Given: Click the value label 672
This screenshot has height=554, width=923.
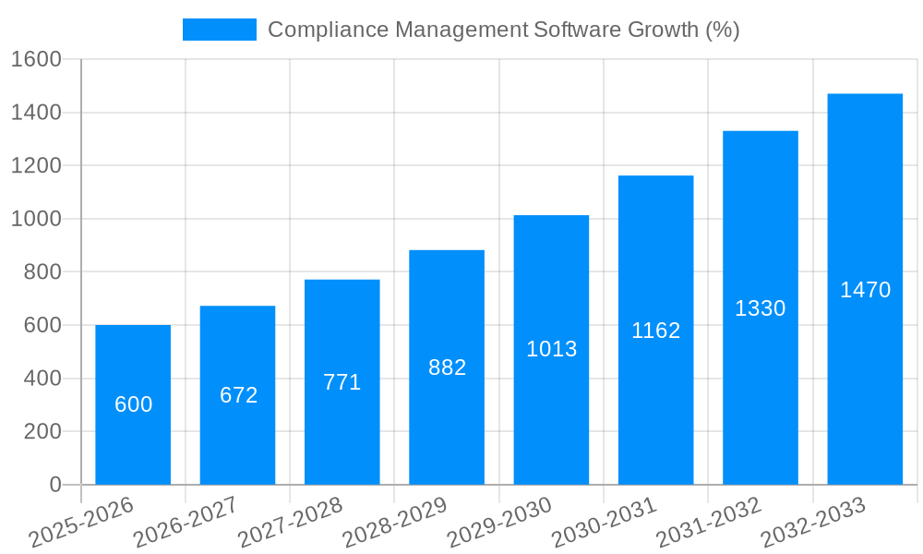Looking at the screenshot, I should click(238, 395).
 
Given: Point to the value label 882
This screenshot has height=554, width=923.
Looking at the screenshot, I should click(447, 367).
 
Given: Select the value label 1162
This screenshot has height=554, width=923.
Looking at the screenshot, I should click(655, 331).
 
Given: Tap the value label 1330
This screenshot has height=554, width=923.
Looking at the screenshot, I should click(760, 308).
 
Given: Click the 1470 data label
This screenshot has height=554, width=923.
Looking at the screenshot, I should click(865, 290).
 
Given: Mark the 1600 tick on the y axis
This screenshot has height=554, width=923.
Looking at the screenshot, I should click(35, 59).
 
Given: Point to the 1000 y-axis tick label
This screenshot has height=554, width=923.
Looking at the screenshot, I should click(35, 219).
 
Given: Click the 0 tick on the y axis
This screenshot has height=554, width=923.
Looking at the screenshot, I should click(54, 485).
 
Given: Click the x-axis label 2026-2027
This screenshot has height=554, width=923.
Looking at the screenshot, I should click(186, 523).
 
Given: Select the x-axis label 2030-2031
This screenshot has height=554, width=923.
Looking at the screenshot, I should click(605, 523).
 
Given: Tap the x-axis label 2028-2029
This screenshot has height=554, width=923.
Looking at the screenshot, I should click(395, 523).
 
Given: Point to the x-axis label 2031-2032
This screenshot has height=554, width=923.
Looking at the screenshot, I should click(709, 523).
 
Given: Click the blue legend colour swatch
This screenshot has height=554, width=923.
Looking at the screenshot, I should click(220, 30).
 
